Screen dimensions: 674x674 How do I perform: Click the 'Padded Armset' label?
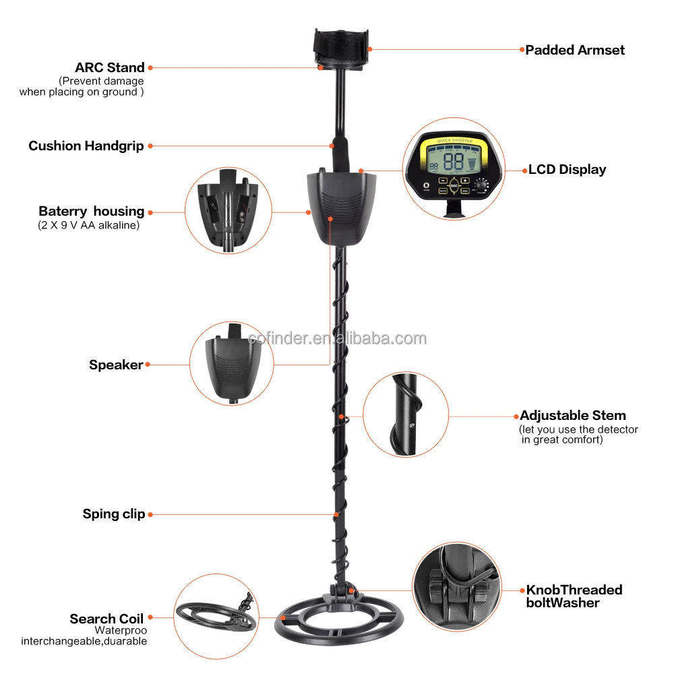tap(575, 50)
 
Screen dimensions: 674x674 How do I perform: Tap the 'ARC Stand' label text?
tap(110, 67)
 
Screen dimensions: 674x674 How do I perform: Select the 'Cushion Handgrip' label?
tap(86, 146)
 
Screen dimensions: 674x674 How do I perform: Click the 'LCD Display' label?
tap(567, 170)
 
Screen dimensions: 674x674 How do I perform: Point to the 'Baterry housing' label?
tap(91, 212)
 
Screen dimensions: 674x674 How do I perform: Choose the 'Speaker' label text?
tap(116, 365)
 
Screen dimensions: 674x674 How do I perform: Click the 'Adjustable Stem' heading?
tap(573, 415)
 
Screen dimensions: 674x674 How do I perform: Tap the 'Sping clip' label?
tap(114, 514)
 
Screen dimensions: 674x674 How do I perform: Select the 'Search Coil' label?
tap(106, 619)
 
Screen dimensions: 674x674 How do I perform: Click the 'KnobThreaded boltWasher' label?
tap(574, 596)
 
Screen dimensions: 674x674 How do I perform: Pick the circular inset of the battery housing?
tap(228, 211)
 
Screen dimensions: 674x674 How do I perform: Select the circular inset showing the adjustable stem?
tap(406, 415)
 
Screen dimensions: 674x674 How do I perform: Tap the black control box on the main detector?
tap(341, 209)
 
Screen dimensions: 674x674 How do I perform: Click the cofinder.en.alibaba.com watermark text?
tap(338, 338)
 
